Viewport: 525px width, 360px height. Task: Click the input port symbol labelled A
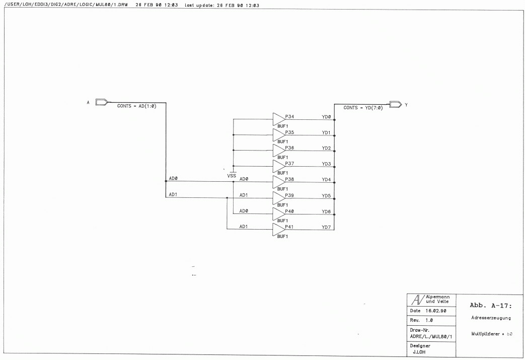coord(102,102)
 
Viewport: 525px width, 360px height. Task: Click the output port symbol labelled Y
coord(396,105)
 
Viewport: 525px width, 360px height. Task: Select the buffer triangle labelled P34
coord(278,119)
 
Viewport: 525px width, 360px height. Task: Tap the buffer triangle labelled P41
coord(278,230)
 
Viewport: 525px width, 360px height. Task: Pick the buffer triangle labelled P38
coord(278,182)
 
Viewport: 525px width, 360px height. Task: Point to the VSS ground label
coord(232,176)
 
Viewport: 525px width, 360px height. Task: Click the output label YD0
coord(327,117)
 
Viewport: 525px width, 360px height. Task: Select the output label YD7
coord(327,228)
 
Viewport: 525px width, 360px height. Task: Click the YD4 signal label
coord(327,180)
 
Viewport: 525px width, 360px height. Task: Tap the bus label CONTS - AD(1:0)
coord(136,106)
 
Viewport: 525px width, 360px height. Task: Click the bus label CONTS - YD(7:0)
coord(363,108)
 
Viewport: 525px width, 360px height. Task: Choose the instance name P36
coord(289,148)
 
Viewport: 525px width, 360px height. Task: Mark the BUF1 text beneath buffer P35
coord(282,141)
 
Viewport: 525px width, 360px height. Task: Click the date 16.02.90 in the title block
coord(435,311)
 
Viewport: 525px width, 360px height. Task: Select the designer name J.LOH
coord(419,352)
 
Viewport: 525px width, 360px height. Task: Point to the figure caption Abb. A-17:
coord(491,306)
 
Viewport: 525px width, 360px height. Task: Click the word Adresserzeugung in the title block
coord(491,318)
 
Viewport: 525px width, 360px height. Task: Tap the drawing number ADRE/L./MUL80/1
coord(431,336)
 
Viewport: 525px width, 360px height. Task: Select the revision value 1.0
coord(429,321)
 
